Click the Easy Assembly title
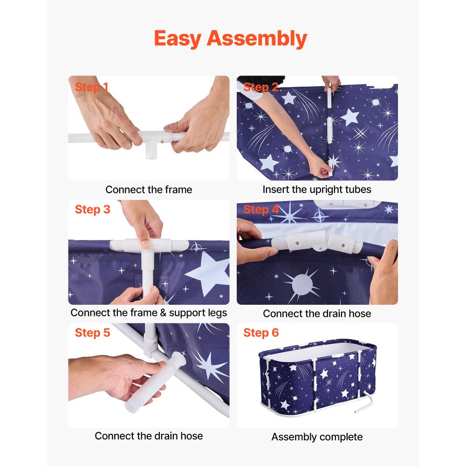point(230,39)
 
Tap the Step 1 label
point(91,87)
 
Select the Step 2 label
point(260,87)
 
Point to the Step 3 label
point(92,210)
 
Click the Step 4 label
point(261,210)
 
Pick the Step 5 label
point(92,333)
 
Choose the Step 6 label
point(261,333)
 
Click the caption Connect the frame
point(149,190)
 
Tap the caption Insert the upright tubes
point(317,190)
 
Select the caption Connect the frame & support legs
point(149,313)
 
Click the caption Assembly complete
point(317,437)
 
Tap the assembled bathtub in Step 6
point(318,377)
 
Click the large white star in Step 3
point(208,273)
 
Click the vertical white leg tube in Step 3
point(148,274)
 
